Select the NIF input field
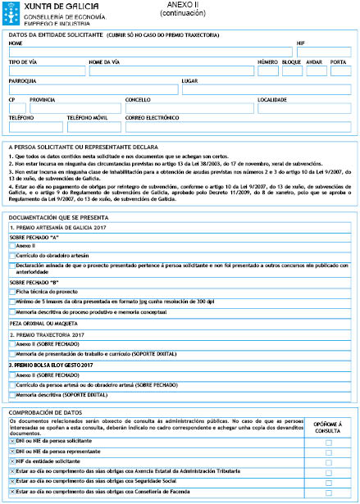point(323,52)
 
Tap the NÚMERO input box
point(267,71)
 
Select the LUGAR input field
point(267,90)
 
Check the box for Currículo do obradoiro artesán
point(11,256)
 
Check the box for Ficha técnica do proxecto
point(11,292)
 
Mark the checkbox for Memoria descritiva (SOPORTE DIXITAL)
point(11,394)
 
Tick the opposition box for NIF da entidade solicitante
point(328,462)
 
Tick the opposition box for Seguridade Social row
point(328,483)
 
